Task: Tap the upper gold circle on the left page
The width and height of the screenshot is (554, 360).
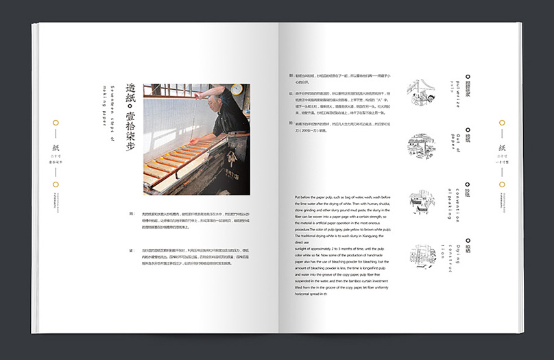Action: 56,124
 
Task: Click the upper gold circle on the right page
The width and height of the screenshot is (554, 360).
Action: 502,124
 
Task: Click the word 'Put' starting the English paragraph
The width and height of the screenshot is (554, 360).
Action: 298,197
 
